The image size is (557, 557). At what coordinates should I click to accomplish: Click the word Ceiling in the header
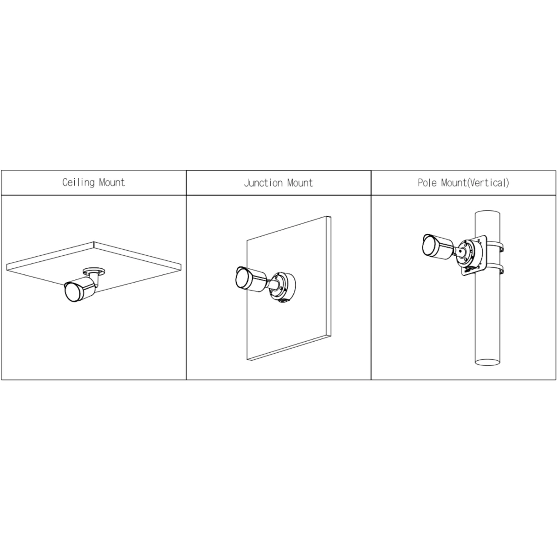pos(78,183)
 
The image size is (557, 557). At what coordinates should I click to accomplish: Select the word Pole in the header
pos(427,183)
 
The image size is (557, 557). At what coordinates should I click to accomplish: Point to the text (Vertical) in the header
pos(488,183)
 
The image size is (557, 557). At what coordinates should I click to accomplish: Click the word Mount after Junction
pos(300,183)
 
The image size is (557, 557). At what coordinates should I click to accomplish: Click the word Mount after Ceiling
pos(112,182)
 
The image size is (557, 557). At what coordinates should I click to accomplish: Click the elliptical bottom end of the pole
pos(487,362)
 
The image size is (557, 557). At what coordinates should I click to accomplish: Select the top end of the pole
pos(487,213)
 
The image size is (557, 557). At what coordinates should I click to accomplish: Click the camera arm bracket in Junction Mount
pos(272,284)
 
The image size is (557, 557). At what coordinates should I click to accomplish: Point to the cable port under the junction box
pos(281,302)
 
